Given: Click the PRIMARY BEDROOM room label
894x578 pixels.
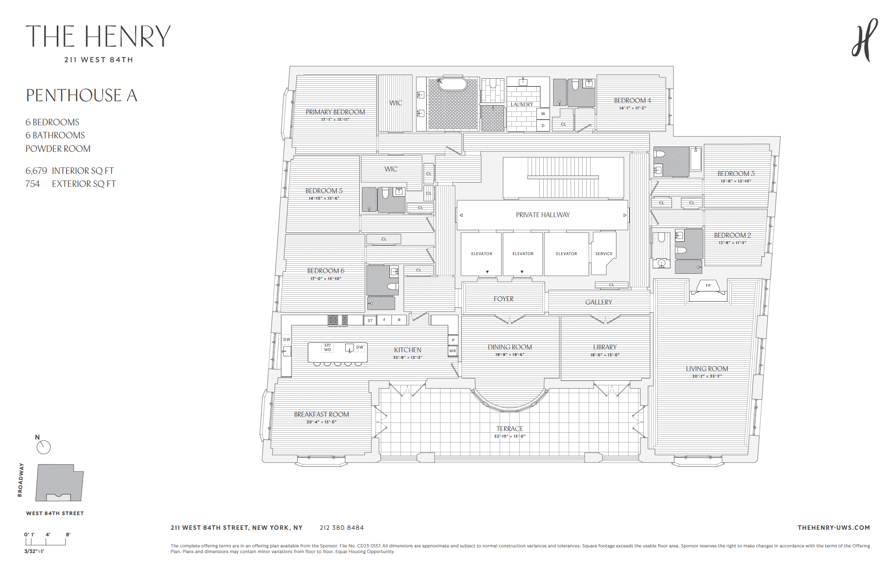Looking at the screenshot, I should coord(335,112).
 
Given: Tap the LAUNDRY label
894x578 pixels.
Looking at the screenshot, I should coord(522,104).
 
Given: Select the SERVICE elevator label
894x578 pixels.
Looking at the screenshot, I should coord(604,253).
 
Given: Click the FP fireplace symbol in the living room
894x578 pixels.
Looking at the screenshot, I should coord(708,286).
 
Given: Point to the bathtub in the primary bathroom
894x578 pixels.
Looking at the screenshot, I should coord(452,84).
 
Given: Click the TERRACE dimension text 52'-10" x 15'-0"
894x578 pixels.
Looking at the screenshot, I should coord(509,436).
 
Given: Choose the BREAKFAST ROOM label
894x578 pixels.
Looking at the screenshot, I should coord(321,414).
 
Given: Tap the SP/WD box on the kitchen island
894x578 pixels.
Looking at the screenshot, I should coord(327,347).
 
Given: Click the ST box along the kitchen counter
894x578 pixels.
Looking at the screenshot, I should coord(370,320).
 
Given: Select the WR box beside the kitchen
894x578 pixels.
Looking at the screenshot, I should coord(452,351).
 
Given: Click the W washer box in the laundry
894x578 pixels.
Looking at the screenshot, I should coord(543,114).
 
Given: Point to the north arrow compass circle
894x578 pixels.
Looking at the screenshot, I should coord(44,447).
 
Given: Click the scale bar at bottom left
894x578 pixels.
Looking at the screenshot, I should coord(45,542).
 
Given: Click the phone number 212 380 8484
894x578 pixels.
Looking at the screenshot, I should coord(342,528).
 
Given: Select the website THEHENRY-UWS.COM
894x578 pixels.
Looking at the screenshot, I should coord(834,528).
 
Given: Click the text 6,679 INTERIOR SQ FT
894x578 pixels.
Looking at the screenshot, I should coord(70,171).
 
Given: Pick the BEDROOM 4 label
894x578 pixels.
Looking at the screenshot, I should coord(632,100).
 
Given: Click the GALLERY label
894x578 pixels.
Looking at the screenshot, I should coord(598,302).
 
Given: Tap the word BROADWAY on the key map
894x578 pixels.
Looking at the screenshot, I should coord(20,480).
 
